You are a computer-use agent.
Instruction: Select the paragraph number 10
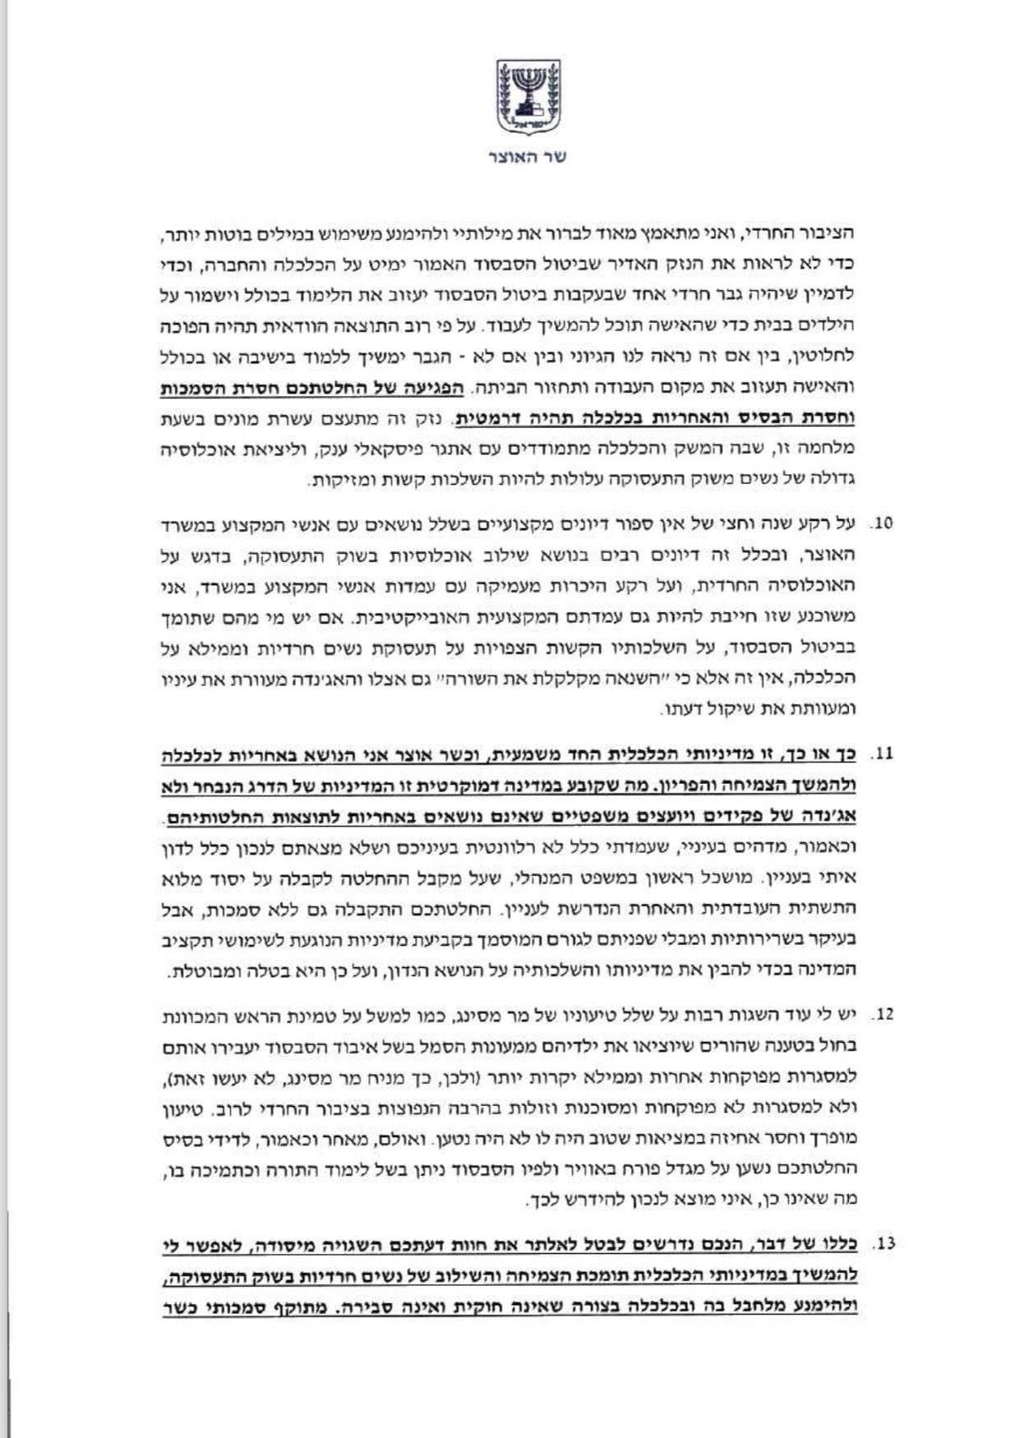[883, 523]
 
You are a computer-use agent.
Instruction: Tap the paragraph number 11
[883, 754]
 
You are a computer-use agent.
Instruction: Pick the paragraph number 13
[883, 1245]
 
